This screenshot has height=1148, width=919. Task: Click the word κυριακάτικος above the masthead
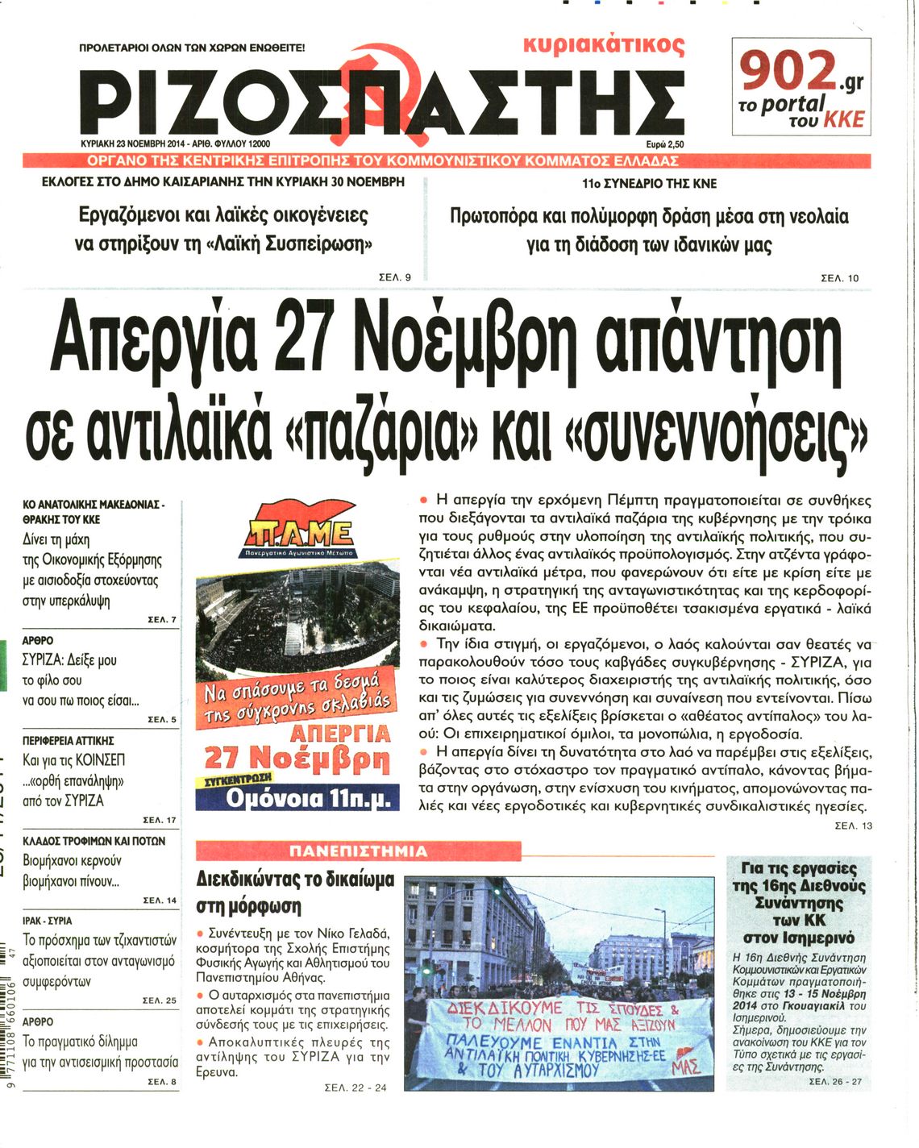point(604,45)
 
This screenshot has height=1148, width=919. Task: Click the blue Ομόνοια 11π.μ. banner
point(297,798)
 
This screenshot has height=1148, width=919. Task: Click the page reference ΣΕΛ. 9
point(395,277)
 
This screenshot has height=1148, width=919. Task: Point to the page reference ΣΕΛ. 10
point(839,278)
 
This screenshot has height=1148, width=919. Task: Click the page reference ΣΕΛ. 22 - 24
point(355,1088)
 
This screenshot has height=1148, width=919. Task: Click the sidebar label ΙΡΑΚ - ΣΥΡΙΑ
point(48,920)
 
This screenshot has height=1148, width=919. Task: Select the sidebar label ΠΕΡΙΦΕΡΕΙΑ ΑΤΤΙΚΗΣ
point(69,740)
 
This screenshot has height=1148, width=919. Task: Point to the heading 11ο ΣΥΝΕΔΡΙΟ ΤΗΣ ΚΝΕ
point(649,184)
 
